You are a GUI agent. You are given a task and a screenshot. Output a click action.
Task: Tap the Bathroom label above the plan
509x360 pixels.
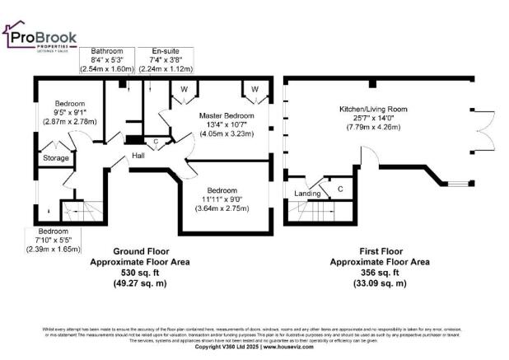(107, 52)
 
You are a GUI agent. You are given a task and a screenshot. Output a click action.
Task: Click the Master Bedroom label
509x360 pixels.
(223, 115)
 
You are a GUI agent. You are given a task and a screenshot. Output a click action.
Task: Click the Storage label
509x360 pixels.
(56, 157)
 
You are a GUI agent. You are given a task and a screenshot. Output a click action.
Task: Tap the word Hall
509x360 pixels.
(139, 155)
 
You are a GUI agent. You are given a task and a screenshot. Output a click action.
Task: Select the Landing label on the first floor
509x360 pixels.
(306, 194)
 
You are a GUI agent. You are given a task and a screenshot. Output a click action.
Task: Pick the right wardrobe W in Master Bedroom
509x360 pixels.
(254, 88)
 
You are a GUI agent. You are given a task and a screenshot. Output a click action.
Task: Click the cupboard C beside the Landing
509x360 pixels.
(340, 189)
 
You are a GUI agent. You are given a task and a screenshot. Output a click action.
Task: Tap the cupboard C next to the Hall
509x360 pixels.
(156, 142)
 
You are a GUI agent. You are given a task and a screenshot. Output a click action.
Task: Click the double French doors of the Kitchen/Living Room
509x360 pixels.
(480, 130)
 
